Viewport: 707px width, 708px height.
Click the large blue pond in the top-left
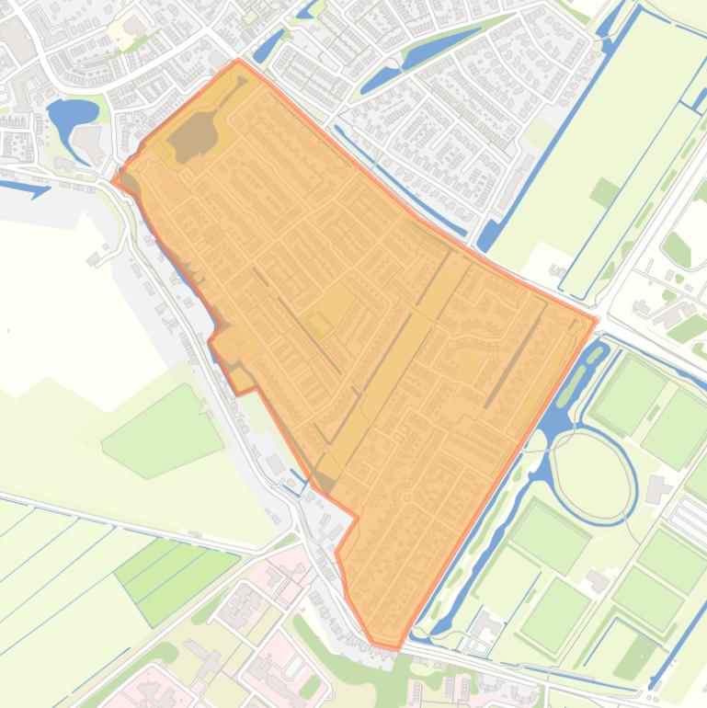(x=72, y=115)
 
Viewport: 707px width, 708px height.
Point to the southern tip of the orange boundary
(x=397, y=648)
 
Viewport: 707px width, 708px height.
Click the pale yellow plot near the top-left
(x=124, y=30)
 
